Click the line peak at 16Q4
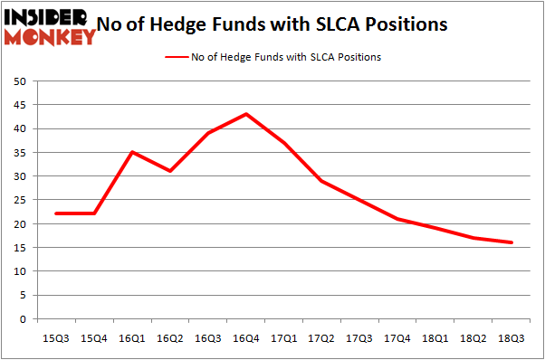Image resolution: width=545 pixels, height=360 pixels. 246,114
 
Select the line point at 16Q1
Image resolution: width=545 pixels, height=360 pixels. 132,152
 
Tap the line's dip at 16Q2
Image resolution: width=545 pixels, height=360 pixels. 170,171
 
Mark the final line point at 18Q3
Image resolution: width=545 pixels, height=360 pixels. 512,242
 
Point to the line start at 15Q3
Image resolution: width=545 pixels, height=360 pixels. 56,213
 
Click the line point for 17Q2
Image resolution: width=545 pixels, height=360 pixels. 322,181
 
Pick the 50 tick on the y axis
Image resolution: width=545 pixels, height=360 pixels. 19,81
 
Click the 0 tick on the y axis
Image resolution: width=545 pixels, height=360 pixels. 22,318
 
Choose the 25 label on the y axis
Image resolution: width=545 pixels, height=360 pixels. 19,200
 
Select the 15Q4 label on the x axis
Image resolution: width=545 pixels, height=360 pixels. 94,337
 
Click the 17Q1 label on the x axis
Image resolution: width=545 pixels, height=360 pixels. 284,337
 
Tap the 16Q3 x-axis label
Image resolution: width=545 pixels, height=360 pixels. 208,337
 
